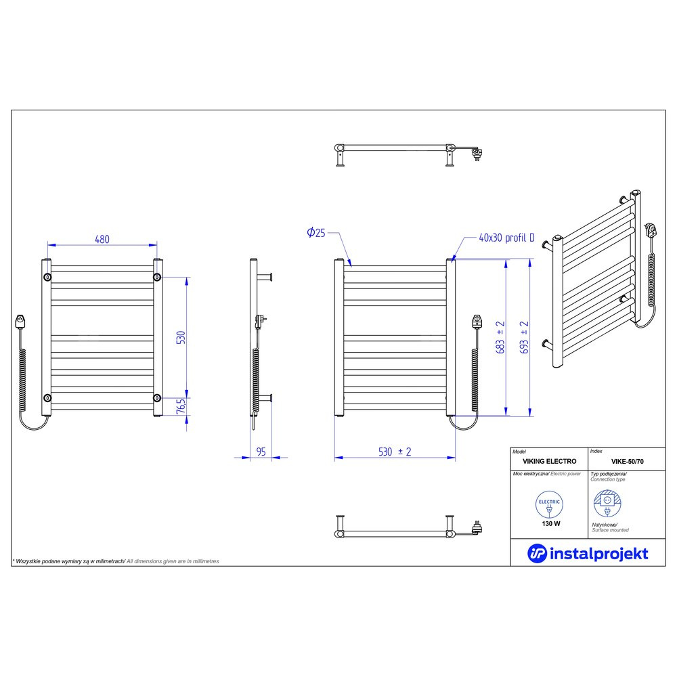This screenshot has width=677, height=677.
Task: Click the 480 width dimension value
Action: click(x=102, y=239)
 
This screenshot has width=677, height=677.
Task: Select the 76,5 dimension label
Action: click(x=181, y=406)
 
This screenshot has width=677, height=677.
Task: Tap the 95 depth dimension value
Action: click(x=261, y=452)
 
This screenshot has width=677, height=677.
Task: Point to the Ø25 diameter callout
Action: click(x=316, y=233)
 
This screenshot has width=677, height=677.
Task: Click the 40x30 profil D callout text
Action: click(x=506, y=238)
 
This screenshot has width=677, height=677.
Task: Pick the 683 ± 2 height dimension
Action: click(x=500, y=337)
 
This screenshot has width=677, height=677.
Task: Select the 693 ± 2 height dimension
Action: click(x=524, y=337)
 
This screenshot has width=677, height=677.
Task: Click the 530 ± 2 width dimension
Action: click(x=395, y=452)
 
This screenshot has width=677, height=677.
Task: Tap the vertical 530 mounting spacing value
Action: click(x=181, y=337)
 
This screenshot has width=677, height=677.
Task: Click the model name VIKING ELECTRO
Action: click(x=549, y=461)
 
